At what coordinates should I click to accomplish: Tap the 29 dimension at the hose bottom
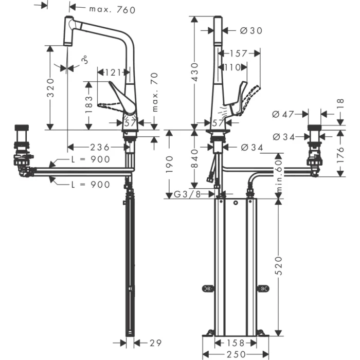(x=156, y=342)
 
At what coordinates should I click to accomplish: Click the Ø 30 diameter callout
(x=251, y=31)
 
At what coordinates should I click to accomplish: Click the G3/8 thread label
(x=187, y=194)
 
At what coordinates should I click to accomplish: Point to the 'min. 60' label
(x=278, y=174)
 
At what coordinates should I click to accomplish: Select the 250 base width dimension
(x=235, y=354)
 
